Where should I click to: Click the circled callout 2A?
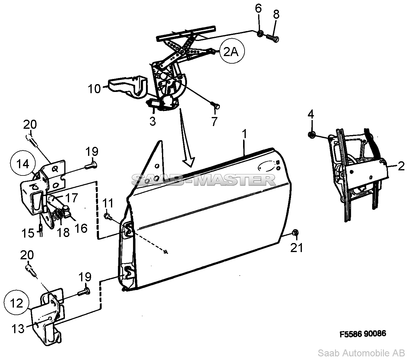click(232, 52)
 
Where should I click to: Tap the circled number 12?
click(17, 303)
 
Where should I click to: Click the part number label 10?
click(94, 89)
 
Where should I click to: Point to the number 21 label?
click(296, 248)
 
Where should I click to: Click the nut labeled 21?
click(295, 233)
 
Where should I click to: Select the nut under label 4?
click(312, 135)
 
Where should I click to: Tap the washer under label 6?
click(260, 33)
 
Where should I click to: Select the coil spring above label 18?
click(58, 215)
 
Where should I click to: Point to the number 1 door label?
click(244, 134)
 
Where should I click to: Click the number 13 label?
click(18, 329)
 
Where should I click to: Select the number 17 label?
click(71, 197)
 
